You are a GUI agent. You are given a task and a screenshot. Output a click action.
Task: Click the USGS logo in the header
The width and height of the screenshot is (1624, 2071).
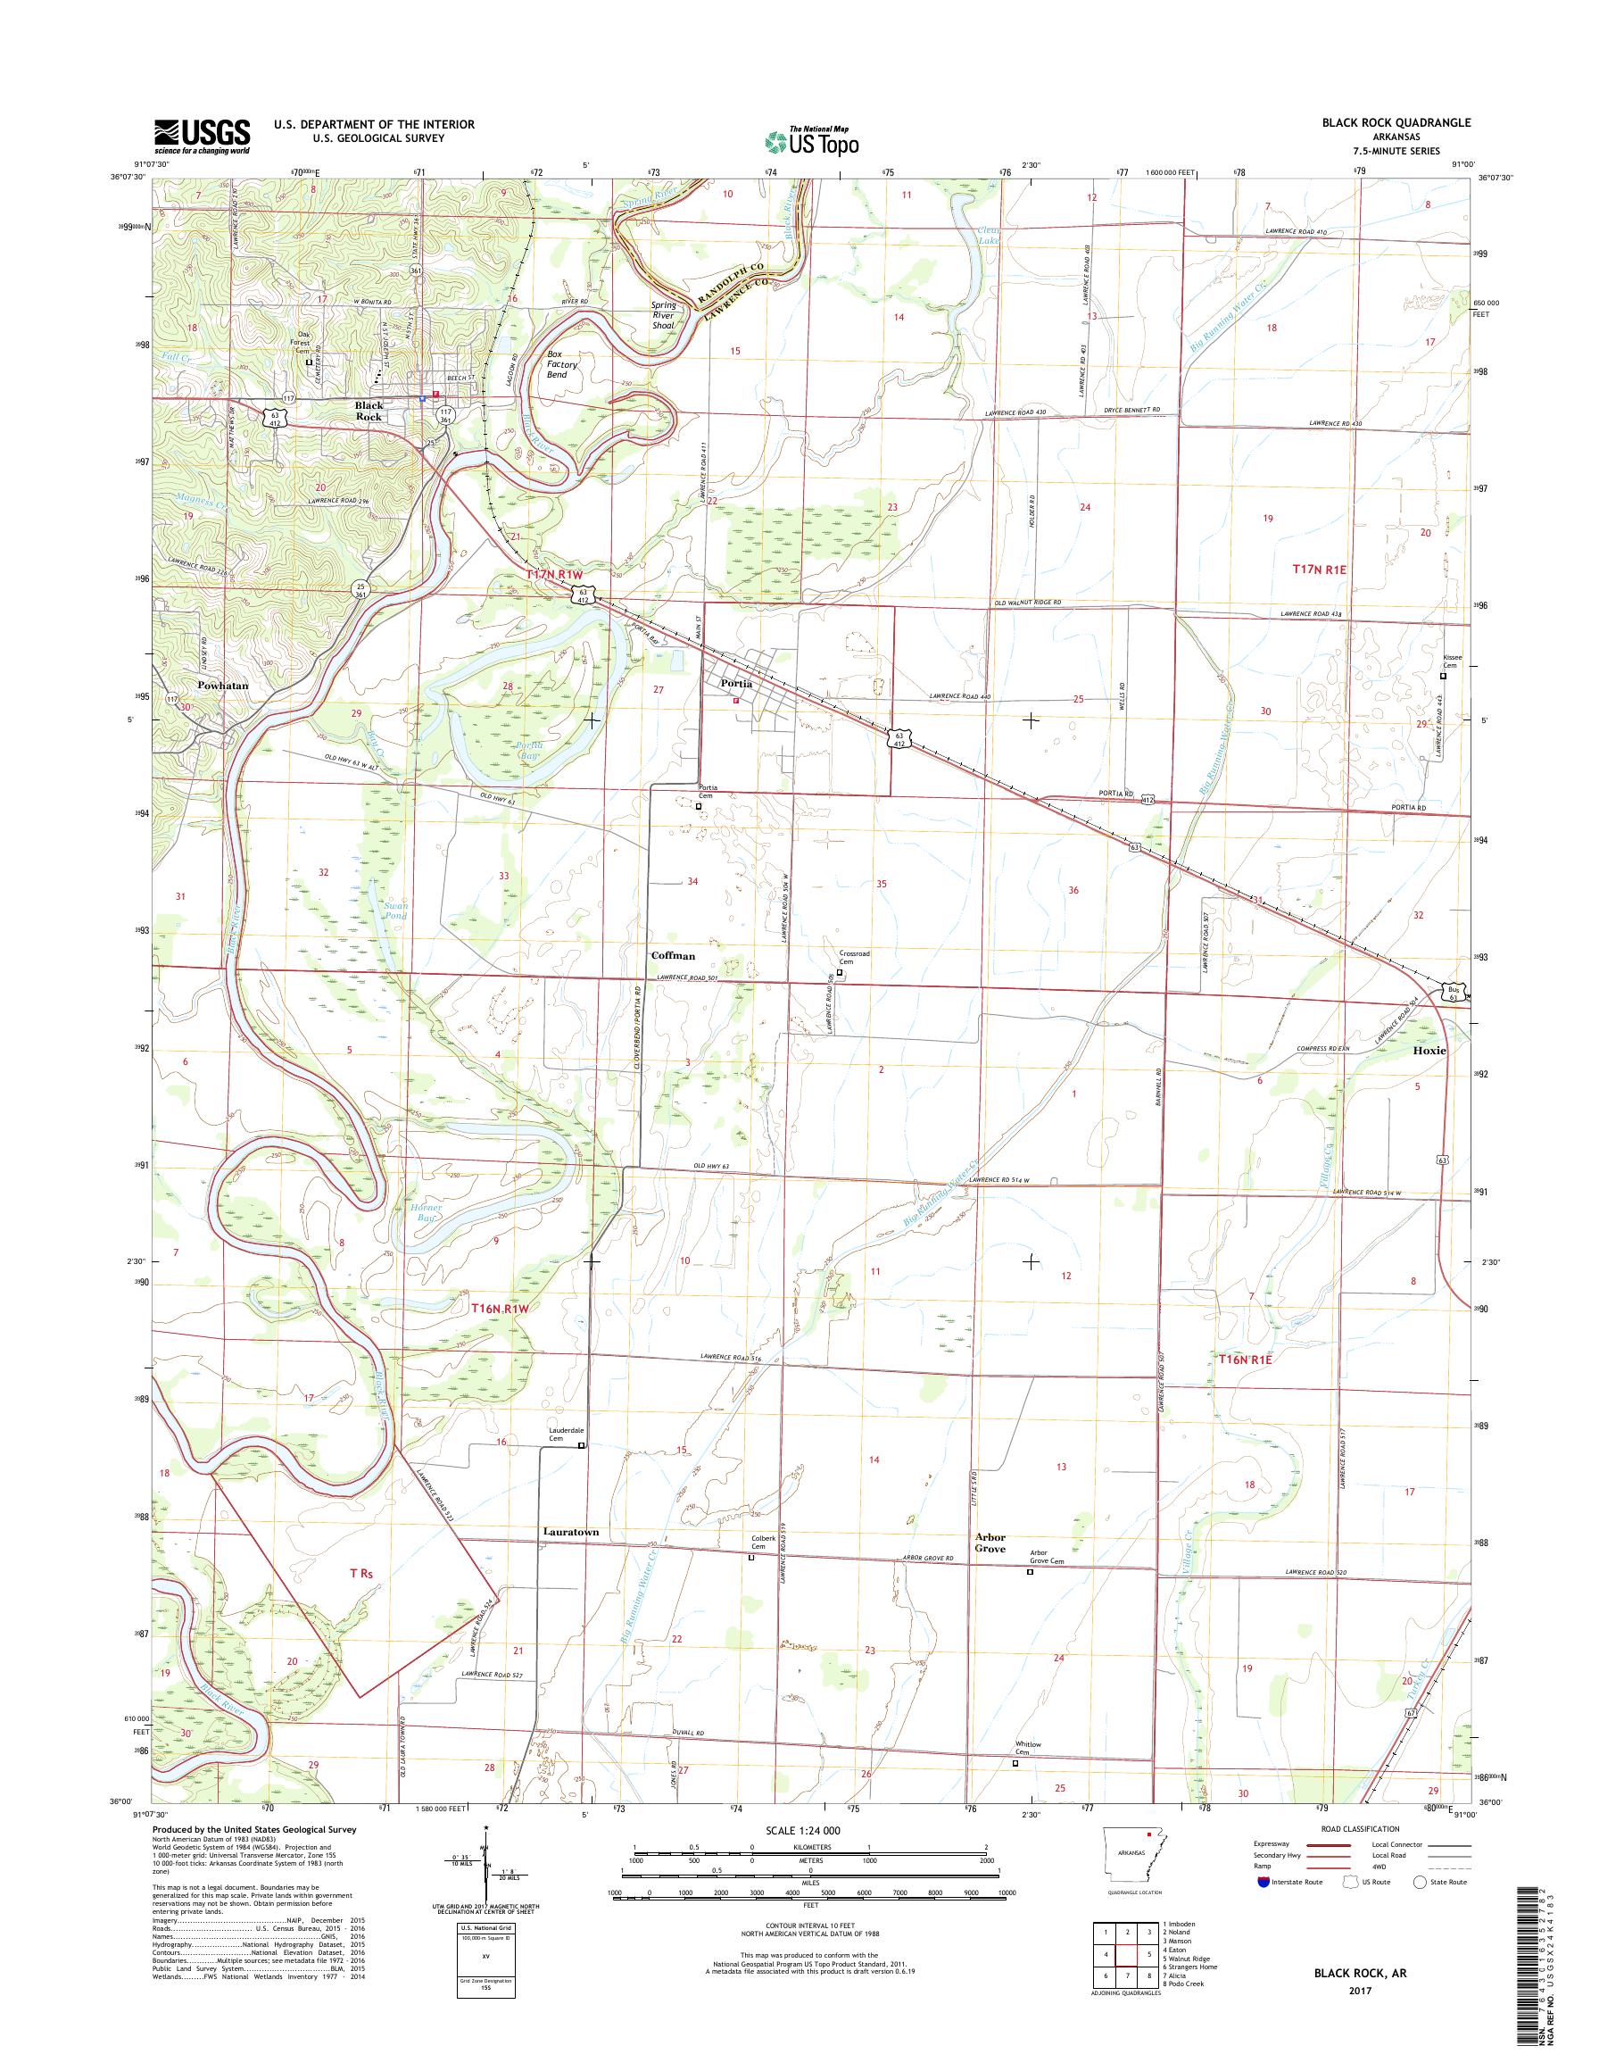pos(203,136)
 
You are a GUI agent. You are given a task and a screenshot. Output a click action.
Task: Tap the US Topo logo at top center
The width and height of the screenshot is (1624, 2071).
pos(811,141)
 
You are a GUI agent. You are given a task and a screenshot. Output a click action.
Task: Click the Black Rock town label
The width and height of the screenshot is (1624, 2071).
pos(368,411)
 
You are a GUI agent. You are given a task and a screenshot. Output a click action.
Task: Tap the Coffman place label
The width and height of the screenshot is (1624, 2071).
pos(672,955)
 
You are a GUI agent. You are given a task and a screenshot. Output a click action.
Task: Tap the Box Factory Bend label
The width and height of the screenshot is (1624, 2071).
pos(562,364)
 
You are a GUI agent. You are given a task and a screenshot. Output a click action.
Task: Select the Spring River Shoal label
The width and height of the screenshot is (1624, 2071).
pos(663,315)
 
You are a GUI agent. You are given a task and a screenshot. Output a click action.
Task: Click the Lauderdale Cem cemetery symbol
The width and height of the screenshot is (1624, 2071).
pos(582,1446)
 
